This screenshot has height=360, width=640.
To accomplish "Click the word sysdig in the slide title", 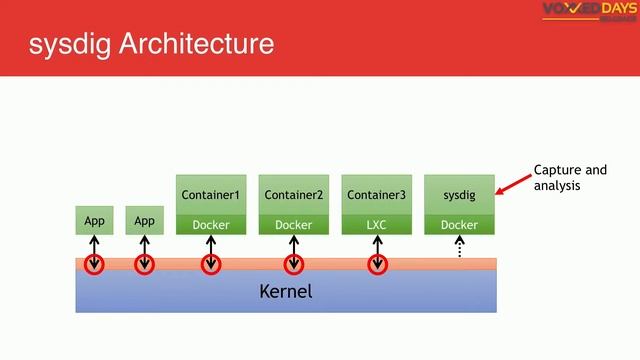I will click(68, 44).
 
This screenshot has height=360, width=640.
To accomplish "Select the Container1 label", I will click(210, 194).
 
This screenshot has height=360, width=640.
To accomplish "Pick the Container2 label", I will click(293, 194).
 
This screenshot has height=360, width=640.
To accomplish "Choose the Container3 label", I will click(376, 194).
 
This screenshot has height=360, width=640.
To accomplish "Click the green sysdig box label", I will click(459, 194).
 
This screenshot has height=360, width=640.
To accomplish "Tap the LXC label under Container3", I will click(376, 225).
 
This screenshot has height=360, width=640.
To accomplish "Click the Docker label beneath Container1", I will click(210, 225).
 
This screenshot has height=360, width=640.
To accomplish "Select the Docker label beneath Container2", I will click(293, 225).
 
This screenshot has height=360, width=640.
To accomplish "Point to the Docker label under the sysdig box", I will click(459, 225).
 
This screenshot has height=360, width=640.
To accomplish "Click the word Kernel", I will click(286, 292).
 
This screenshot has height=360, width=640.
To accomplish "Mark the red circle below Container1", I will click(210, 265).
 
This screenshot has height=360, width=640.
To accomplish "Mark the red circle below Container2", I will click(293, 265).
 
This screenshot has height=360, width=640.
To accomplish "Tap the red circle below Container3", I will click(377, 265).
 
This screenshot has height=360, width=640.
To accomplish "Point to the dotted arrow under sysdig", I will click(460, 248).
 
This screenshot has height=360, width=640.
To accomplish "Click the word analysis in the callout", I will click(557, 186).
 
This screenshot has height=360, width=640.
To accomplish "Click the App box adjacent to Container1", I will click(144, 221).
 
